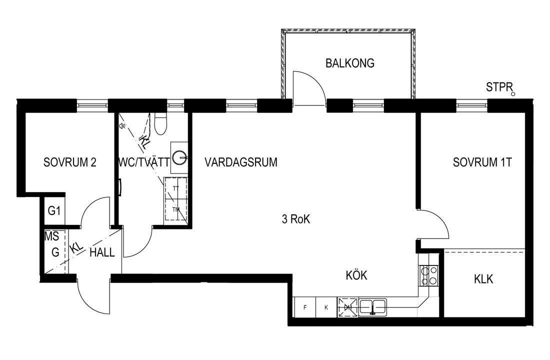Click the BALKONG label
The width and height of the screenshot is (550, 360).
click(x=349, y=63)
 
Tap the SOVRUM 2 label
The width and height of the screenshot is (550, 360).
click(x=70, y=162)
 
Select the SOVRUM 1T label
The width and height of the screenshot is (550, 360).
click(x=482, y=162)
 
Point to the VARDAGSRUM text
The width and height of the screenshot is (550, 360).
click(x=241, y=162)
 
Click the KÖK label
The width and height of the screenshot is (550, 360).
click(x=356, y=274)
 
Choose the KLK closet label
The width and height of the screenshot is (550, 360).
click(x=483, y=279)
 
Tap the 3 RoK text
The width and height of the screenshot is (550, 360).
click(x=296, y=219)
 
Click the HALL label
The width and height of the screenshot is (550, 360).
click(x=102, y=252)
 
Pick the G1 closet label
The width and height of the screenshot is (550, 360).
click(x=54, y=211)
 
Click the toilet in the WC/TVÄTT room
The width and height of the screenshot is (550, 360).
click(x=160, y=123)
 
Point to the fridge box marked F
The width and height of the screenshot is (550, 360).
click(x=304, y=307)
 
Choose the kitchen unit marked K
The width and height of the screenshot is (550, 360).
click(x=326, y=307)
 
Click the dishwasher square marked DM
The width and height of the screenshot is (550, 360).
click(x=347, y=307)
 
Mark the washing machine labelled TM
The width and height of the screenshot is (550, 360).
click(x=175, y=209)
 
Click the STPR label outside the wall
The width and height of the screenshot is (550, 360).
click(x=499, y=87)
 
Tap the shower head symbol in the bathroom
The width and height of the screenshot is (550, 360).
click(x=122, y=126)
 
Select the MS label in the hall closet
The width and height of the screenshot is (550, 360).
click(x=51, y=236)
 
